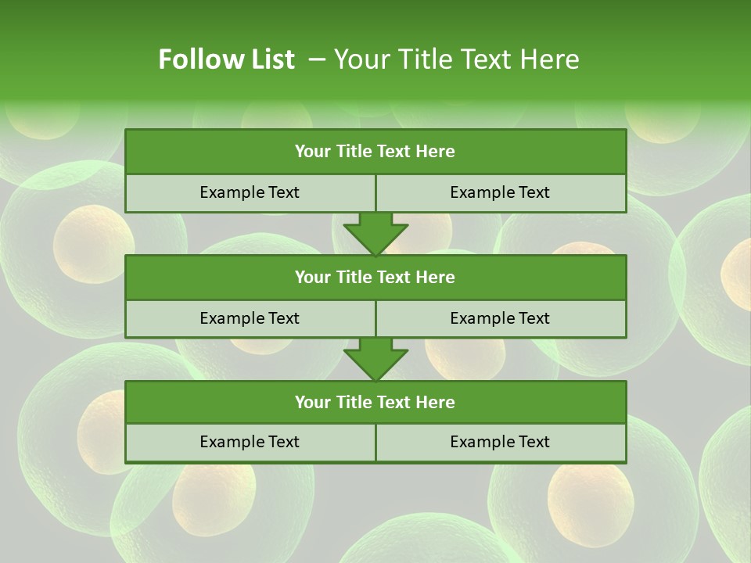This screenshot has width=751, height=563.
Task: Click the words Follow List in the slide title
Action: pyautogui.click(x=226, y=59)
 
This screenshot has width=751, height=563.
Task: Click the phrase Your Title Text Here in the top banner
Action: pyautogui.click(x=456, y=59)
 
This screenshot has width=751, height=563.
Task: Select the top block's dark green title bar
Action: pyautogui.click(x=375, y=152)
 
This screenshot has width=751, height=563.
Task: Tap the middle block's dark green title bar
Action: pyautogui.click(x=375, y=277)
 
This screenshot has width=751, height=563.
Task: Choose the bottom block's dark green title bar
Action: pyautogui.click(x=375, y=402)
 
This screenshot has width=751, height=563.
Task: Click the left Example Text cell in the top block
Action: pyautogui.click(x=250, y=192)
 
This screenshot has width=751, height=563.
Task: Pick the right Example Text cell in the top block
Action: pyautogui.click(x=500, y=192)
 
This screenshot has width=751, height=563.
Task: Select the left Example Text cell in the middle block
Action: pyautogui.click(x=250, y=318)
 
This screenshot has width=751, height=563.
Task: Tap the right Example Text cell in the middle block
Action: pyautogui.click(x=500, y=318)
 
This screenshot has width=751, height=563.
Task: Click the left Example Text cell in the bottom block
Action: pyautogui.click(x=250, y=442)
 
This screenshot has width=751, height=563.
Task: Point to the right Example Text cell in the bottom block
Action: pyautogui.click(x=500, y=442)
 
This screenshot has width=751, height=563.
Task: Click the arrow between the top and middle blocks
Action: pyautogui.click(x=375, y=234)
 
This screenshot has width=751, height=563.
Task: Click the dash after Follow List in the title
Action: pyautogui.click(x=317, y=59)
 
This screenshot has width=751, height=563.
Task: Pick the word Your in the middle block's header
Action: pyautogui.click(x=311, y=277)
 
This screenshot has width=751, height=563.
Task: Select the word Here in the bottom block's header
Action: pyautogui.click(x=436, y=402)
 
